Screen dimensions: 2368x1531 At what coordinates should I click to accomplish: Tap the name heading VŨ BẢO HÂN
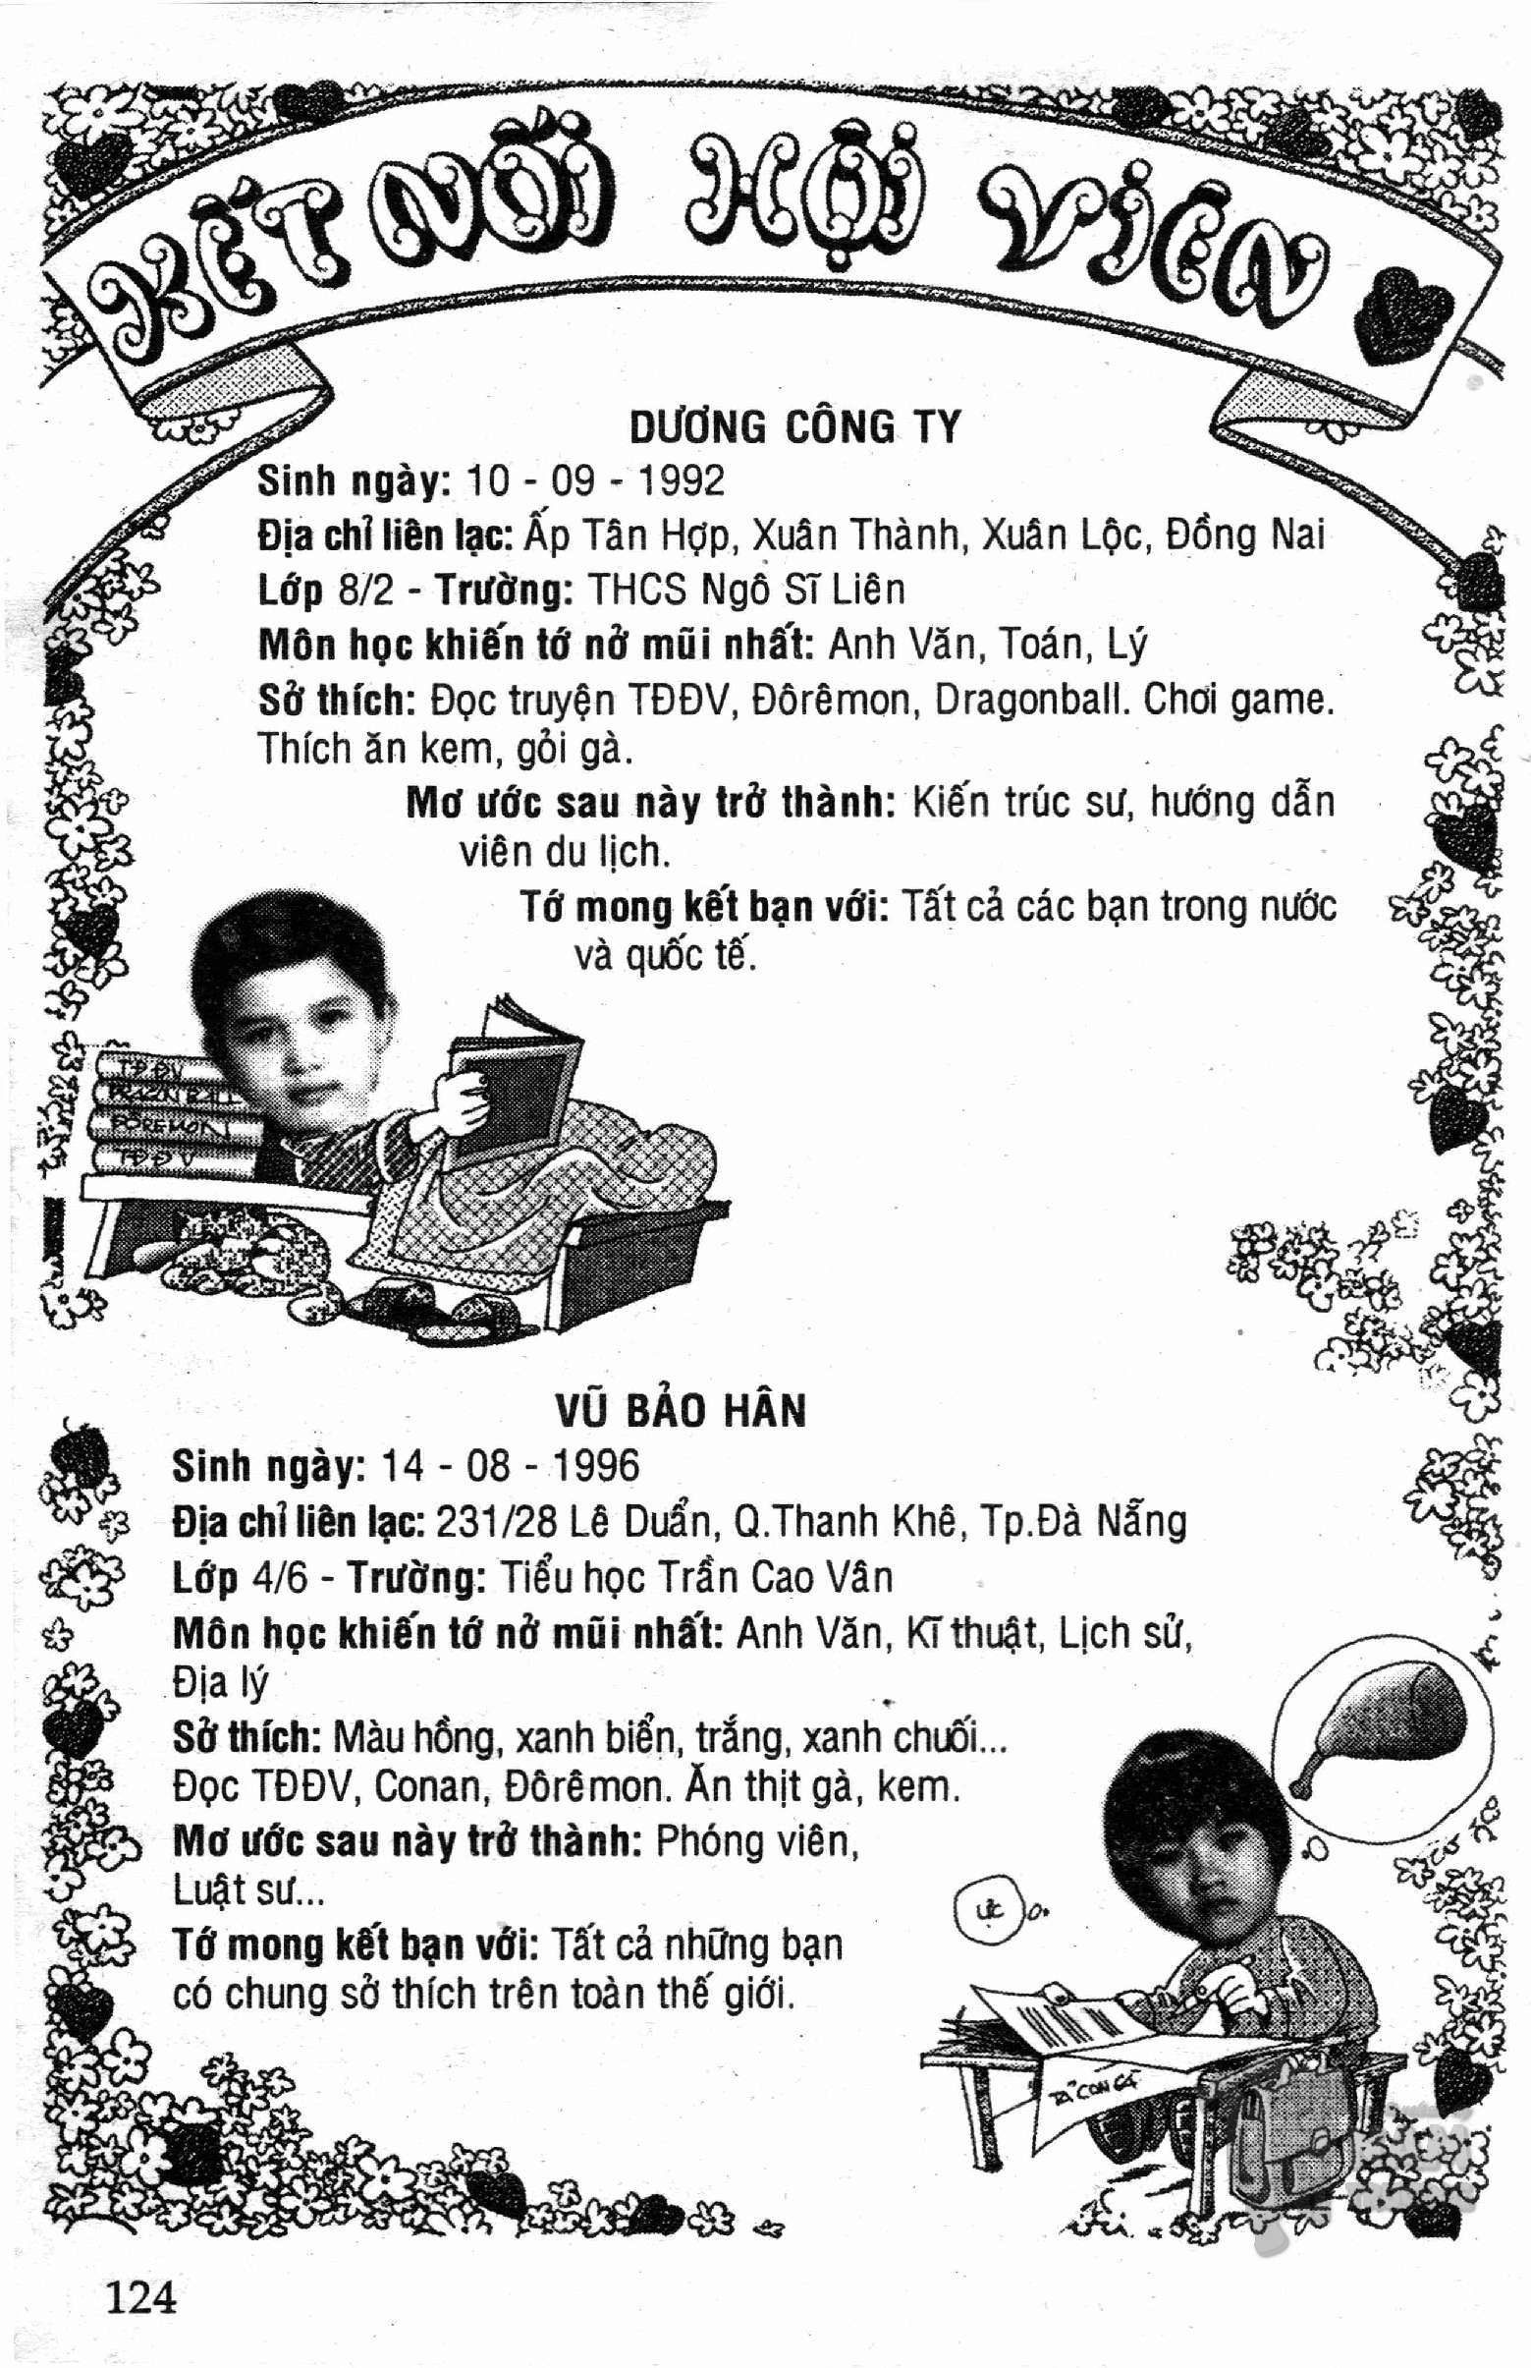pos(681,1411)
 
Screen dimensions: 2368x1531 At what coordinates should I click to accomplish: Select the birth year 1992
pos(681,481)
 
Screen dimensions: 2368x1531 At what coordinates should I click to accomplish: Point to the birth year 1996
pos(595,1466)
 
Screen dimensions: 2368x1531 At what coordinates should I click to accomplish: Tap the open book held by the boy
pos(512,1084)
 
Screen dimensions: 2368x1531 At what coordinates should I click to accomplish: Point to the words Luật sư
pos(248,1890)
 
